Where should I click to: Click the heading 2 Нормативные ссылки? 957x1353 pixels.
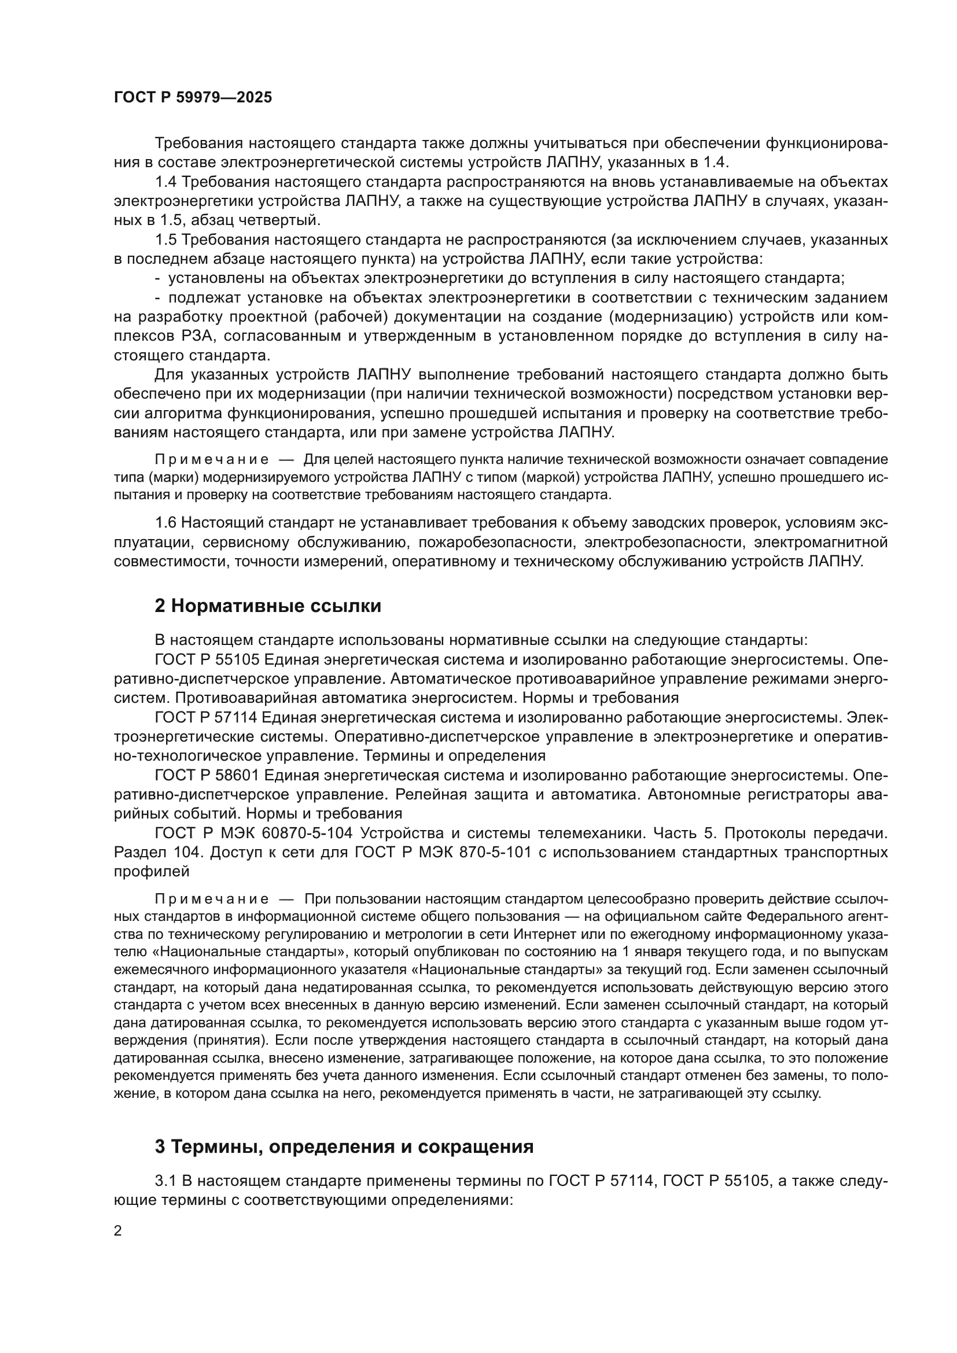(267, 606)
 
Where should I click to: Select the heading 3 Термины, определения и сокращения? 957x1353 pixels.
(344, 1146)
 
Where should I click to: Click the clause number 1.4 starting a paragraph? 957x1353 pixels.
(166, 182)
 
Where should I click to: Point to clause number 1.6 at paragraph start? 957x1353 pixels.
(166, 523)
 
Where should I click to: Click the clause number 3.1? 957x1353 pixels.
(166, 1181)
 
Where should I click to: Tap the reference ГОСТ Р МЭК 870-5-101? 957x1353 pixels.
(437, 852)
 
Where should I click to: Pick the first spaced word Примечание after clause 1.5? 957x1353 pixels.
(212, 460)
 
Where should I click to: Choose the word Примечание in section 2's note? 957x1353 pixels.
(212, 899)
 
